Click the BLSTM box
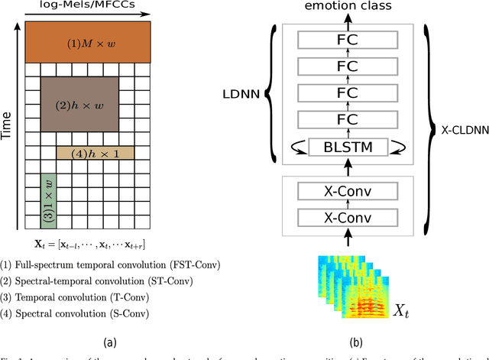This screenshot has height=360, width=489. (x=351, y=145)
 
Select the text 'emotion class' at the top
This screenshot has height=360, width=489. (x=349, y=7)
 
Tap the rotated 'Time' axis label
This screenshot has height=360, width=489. (x=8, y=123)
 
